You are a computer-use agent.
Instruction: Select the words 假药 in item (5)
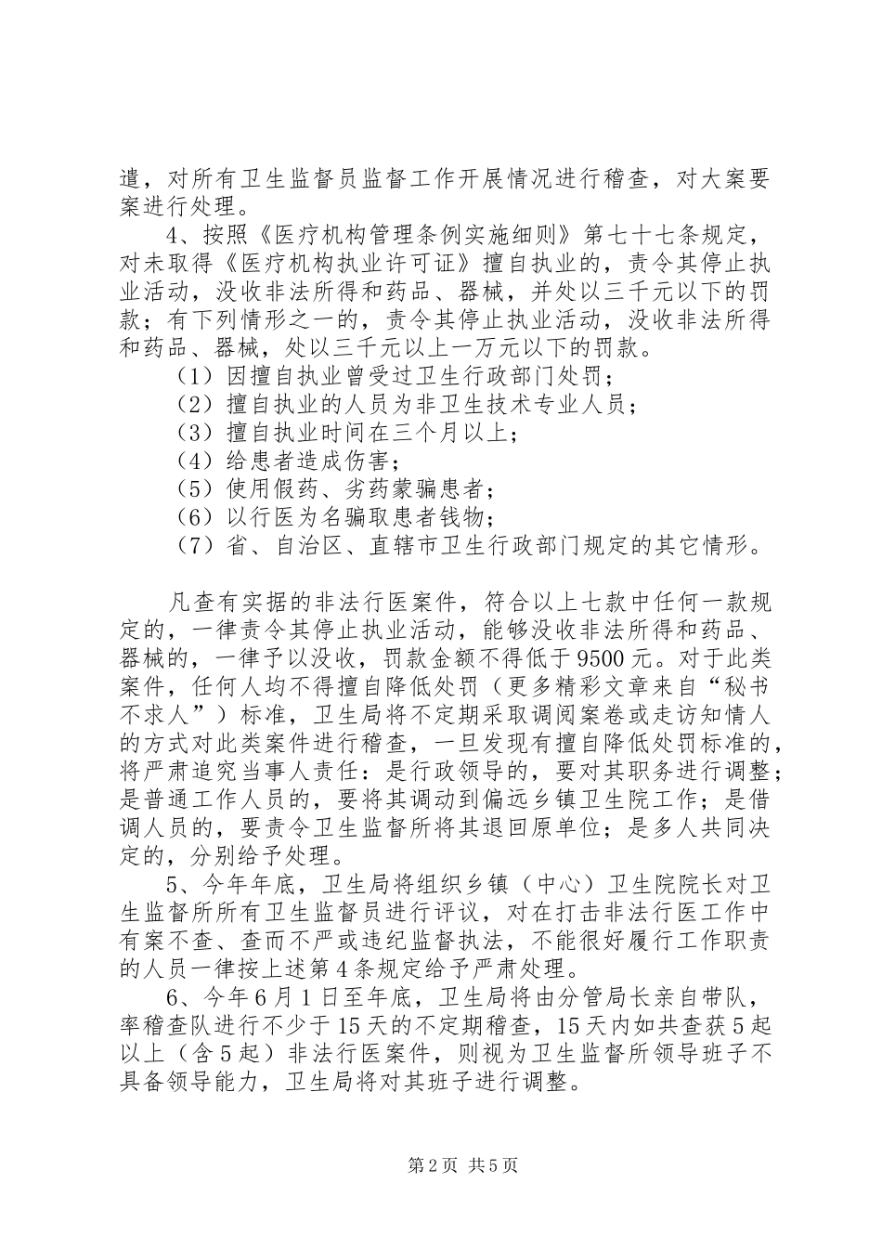point(322,489)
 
